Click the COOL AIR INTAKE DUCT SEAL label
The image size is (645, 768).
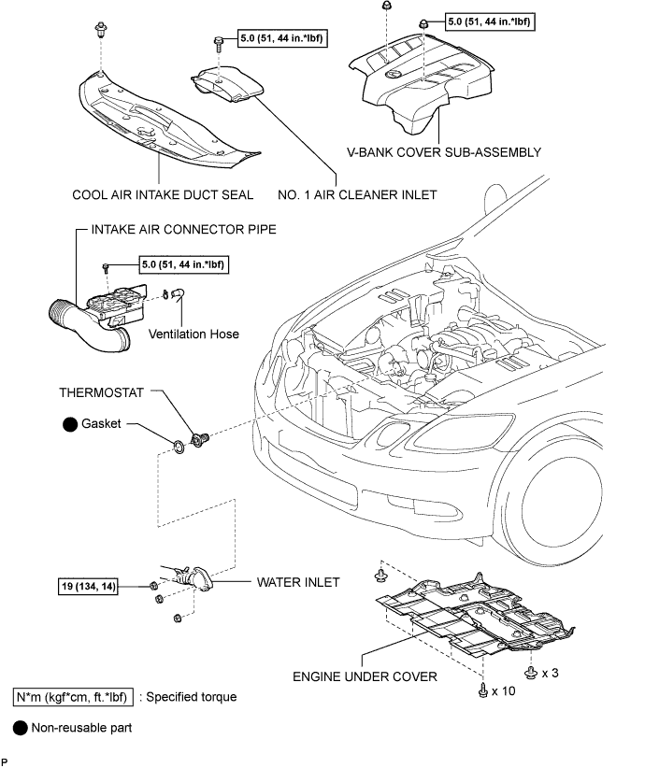(x=163, y=195)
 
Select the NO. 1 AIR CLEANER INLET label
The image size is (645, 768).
(x=357, y=195)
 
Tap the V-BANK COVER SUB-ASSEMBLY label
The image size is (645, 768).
(x=444, y=152)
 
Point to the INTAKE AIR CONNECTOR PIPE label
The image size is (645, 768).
(x=184, y=229)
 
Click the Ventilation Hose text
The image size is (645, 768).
(x=193, y=334)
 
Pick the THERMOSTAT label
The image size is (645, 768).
(x=102, y=392)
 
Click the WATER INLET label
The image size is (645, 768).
(x=298, y=582)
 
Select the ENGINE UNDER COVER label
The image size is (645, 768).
(x=365, y=676)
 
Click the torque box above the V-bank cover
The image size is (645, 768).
(x=490, y=21)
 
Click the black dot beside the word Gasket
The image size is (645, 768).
(x=70, y=424)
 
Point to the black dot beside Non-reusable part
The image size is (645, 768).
(x=20, y=729)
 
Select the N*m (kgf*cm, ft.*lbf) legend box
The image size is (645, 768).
(x=73, y=697)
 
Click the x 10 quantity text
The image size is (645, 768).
(x=503, y=691)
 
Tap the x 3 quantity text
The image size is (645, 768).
(x=551, y=673)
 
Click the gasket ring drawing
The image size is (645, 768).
(x=179, y=447)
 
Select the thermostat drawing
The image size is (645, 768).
(x=199, y=439)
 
